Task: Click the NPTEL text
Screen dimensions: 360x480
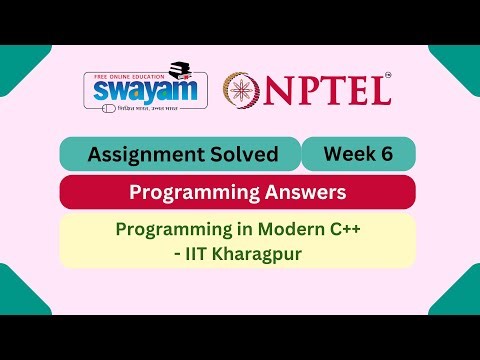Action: (328, 90)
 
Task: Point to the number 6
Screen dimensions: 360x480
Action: (384, 153)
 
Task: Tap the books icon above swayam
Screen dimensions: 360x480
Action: (180, 69)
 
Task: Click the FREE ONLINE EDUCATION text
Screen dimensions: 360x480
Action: (128, 71)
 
